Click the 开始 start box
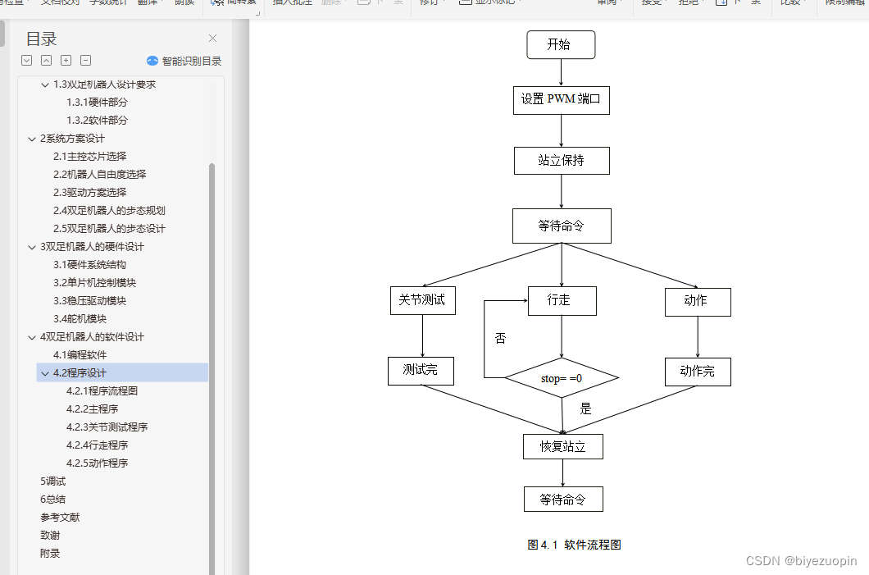click(x=561, y=45)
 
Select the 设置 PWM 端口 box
click(x=562, y=100)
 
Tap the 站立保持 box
click(x=562, y=161)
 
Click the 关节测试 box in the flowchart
click(x=422, y=300)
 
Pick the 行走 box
click(x=562, y=300)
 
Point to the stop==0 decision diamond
click(x=562, y=378)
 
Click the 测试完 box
click(x=421, y=371)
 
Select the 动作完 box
click(x=698, y=372)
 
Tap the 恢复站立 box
click(x=563, y=446)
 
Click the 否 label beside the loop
click(x=501, y=338)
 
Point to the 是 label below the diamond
click(x=585, y=408)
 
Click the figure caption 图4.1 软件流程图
click(x=575, y=545)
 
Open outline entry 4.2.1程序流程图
click(x=102, y=391)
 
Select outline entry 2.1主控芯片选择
click(x=89, y=157)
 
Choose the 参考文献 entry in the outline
click(x=60, y=518)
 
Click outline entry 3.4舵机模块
click(x=80, y=319)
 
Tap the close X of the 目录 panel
click(x=213, y=39)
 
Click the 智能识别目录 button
click(x=184, y=61)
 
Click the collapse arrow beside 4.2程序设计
click(x=44, y=373)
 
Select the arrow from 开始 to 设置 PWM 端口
click(x=562, y=72)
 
